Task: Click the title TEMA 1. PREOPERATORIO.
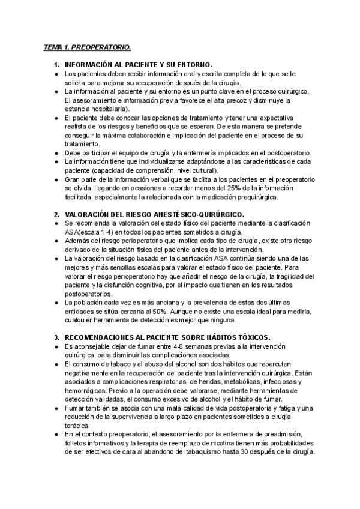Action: pos(87,47)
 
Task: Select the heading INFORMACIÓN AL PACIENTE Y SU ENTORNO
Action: pos(139,64)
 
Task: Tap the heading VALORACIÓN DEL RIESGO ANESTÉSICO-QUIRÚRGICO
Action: pos(155,214)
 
